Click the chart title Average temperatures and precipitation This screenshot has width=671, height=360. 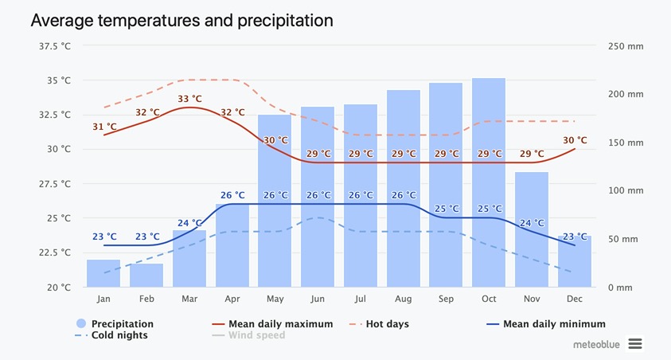click(181, 20)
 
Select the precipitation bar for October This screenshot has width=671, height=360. click(489, 183)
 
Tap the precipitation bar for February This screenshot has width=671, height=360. click(146, 275)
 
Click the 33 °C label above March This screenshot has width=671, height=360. click(189, 99)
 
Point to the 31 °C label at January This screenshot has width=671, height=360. click(104, 127)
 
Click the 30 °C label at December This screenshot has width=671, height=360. click(575, 140)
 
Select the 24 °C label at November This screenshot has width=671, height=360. click(532, 223)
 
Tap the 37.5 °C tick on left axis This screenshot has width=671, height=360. click(54, 45)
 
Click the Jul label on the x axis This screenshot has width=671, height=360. click(361, 299)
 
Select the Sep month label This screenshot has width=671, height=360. click(446, 299)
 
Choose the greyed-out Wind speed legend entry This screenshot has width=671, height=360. click(256, 335)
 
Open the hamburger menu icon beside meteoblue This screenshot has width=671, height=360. click(634, 343)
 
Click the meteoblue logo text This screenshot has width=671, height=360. click(597, 344)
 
